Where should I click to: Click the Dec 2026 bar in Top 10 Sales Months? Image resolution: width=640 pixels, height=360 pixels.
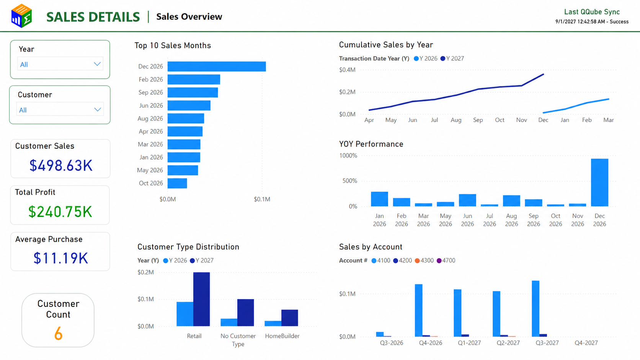click(x=217, y=67)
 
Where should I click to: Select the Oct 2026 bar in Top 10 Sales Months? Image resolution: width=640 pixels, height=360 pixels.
click(x=177, y=183)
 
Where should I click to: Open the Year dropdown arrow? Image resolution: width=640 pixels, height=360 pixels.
click(x=97, y=64)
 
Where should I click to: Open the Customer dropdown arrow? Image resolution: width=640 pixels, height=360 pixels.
click(x=98, y=110)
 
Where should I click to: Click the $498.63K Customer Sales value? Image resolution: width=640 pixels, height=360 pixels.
click(x=61, y=165)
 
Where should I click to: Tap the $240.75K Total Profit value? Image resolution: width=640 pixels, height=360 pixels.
click(x=60, y=212)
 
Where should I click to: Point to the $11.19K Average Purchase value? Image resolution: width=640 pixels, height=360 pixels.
click(x=60, y=258)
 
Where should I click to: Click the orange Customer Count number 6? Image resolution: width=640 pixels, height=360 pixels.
click(x=58, y=334)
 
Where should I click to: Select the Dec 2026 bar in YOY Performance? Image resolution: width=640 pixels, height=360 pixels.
click(x=599, y=182)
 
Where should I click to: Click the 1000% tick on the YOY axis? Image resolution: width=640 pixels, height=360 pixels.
click(x=348, y=156)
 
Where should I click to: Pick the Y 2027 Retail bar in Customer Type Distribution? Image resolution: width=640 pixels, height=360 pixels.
click(x=201, y=299)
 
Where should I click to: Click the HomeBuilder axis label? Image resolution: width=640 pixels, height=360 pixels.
click(x=282, y=336)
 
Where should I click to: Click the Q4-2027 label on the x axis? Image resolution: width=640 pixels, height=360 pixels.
click(x=586, y=343)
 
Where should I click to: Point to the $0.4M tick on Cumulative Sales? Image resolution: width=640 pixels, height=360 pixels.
click(x=347, y=70)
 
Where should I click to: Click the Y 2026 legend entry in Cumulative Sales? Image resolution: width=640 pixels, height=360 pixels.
click(x=425, y=59)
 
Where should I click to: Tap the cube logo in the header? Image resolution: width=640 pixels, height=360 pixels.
click(x=22, y=16)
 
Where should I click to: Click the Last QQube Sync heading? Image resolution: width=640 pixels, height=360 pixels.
click(x=592, y=12)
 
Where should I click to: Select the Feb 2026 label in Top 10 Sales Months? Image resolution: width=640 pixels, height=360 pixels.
click(x=151, y=79)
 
